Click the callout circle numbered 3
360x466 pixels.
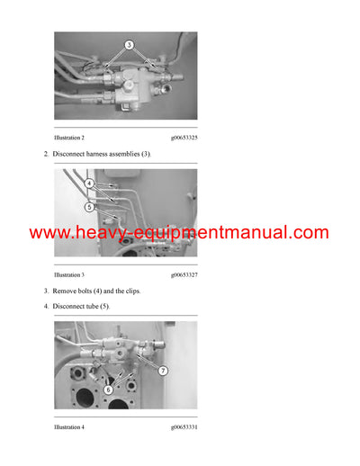[129, 44]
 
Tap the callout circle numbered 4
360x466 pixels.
[90, 183]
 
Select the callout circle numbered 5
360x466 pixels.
[90, 207]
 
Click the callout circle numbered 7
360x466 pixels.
[162, 370]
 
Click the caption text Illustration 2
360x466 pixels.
[69, 137]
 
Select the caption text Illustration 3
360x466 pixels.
[69, 274]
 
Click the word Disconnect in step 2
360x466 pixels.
[73, 154]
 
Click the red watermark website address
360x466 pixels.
[179, 233]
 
